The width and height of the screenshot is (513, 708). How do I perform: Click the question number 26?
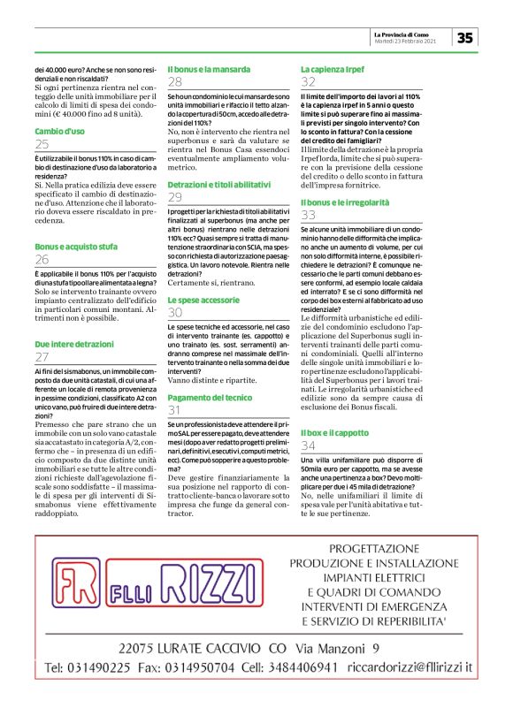42,260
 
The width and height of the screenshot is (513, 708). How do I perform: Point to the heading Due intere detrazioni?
74,341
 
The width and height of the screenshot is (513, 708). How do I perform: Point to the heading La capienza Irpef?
333,68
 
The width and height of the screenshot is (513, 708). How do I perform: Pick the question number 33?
309,214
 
